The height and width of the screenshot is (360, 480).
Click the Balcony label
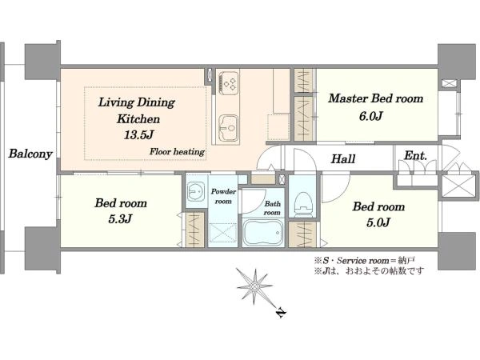[x=30, y=154]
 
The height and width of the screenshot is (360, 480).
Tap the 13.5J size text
[x=138, y=134]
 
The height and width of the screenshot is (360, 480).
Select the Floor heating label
[x=177, y=151]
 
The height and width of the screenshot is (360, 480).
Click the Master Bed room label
[x=376, y=98]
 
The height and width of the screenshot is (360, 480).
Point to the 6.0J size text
[x=371, y=116]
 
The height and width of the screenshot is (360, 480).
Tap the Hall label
[x=343, y=159]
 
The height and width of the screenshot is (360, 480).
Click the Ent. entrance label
[x=415, y=156]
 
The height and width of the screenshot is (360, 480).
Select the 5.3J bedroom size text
[x=120, y=219]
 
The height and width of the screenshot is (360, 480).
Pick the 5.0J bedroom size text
[x=378, y=222]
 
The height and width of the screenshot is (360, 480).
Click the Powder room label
[x=223, y=196]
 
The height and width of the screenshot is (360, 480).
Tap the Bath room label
[x=272, y=208]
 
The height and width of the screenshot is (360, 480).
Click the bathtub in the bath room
[x=263, y=233]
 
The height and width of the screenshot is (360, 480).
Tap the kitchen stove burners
[x=230, y=82]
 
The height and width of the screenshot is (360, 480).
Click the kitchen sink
[x=228, y=129]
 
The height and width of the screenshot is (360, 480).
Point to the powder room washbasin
[x=196, y=191]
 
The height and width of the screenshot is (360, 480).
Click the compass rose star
[x=254, y=286]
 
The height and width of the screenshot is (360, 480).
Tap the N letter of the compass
[x=281, y=313]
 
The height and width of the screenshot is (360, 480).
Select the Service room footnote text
[x=364, y=261]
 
